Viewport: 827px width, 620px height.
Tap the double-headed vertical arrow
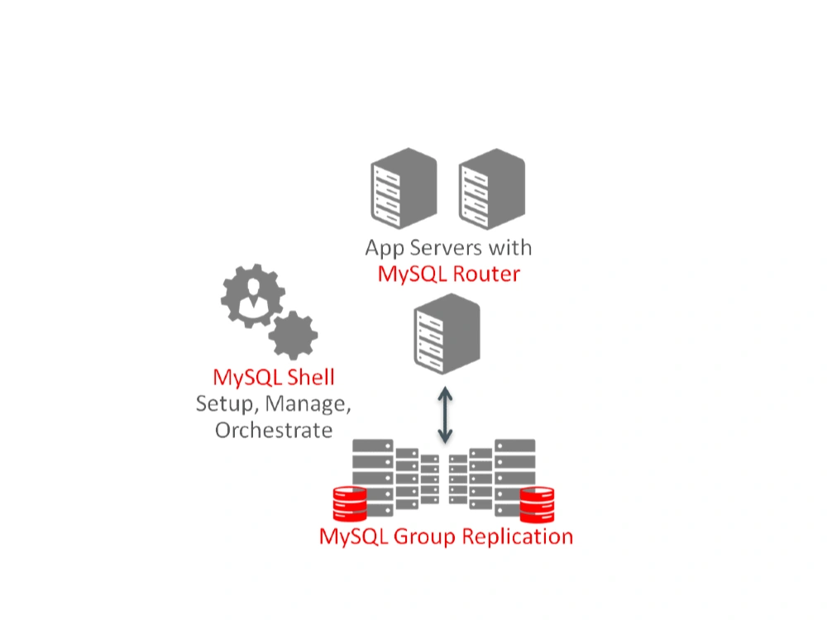click(x=446, y=413)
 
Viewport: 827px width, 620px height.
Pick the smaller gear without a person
click(x=293, y=336)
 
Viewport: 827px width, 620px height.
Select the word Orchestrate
click(x=274, y=431)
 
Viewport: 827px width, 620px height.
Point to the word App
click(x=384, y=248)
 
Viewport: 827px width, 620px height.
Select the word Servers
click(x=444, y=248)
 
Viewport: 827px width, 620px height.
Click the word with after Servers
click(x=509, y=248)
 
